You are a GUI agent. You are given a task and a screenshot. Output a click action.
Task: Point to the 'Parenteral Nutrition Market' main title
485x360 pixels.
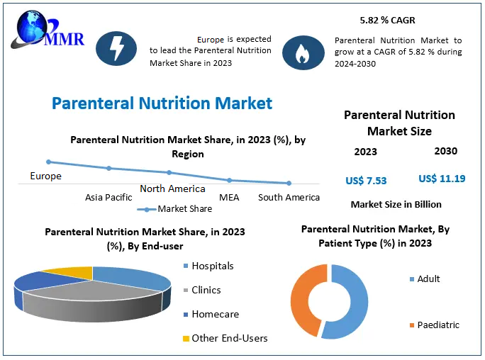(x=162, y=103)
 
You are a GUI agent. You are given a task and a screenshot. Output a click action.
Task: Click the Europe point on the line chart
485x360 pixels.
(x=49, y=162)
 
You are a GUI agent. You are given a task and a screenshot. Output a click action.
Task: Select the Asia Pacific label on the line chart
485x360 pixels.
(x=108, y=198)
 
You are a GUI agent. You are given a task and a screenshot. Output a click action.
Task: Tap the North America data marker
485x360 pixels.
(x=169, y=173)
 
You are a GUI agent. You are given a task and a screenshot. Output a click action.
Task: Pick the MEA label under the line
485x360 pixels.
(x=229, y=198)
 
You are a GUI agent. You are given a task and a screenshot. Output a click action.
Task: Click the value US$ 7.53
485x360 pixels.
(x=366, y=181)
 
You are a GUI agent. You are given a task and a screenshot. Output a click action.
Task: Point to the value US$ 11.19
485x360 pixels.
(x=442, y=179)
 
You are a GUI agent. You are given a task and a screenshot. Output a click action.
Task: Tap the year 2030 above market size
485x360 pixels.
(x=445, y=151)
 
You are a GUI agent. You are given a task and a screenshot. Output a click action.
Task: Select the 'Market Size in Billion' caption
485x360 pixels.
(x=396, y=204)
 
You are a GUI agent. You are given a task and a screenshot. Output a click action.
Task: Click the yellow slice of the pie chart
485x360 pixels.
(x=70, y=271)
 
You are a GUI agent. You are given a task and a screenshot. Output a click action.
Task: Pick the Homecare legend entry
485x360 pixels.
(x=215, y=314)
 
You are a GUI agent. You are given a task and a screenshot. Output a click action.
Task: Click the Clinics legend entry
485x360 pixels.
(x=206, y=290)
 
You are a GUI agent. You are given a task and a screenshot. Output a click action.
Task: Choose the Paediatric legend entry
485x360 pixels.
(x=437, y=325)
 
